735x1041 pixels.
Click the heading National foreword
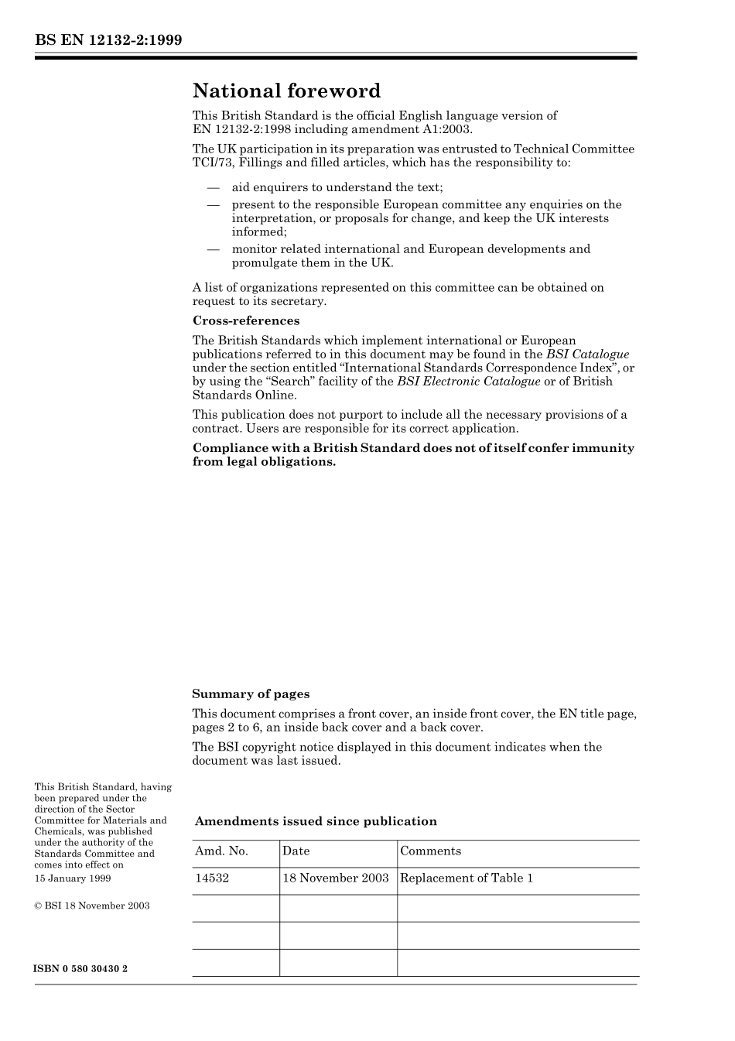[286, 91]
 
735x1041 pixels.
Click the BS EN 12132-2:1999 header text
[108, 40]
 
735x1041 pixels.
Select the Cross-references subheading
[246, 320]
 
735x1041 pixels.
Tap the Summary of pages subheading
[251, 694]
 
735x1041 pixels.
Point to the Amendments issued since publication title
[316, 821]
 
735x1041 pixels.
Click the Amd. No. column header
[221, 851]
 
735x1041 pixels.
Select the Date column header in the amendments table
[296, 851]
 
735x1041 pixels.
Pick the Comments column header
[430, 851]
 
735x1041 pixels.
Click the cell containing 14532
[212, 878]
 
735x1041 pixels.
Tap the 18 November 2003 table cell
[335, 878]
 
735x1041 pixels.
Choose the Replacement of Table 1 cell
[467, 878]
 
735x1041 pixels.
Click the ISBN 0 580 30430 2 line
[81, 969]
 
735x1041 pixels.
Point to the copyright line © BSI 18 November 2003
[92, 906]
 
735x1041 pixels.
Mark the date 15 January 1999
[73, 878]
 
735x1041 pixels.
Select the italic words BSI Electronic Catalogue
[468, 382]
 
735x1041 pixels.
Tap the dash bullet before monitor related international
[213, 249]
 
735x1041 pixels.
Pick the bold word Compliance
[229, 448]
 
